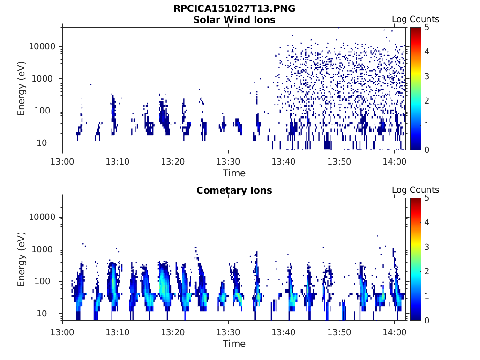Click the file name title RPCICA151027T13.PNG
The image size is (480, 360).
tap(234, 9)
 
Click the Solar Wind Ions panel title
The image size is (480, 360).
tap(234, 20)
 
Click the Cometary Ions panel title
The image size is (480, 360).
tap(234, 190)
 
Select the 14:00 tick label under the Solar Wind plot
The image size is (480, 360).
tap(394, 161)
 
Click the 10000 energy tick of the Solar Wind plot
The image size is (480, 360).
tap(43, 47)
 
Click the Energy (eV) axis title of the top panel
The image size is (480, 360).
tap(22, 89)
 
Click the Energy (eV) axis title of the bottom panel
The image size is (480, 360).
tap(22, 260)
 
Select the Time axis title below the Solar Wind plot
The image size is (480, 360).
tap(234, 173)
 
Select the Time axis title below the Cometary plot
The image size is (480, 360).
tap(234, 344)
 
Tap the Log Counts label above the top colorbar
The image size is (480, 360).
tap(415, 19)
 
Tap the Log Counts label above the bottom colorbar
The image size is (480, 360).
tap(415, 190)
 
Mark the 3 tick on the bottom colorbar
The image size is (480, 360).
tap(426, 247)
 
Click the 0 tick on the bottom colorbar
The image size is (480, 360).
tap(426, 320)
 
